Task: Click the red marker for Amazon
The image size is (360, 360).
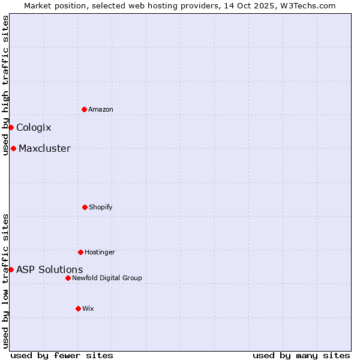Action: (84, 109)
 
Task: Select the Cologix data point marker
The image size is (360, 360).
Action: (11, 127)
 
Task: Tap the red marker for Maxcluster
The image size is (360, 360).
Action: (13, 148)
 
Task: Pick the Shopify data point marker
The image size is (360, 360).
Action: (85, 207)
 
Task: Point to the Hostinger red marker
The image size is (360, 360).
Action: (80, 252)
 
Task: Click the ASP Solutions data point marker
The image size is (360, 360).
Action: (11, 269)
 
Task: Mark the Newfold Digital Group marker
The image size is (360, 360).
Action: (68, 278)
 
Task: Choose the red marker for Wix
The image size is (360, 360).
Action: (78, 308)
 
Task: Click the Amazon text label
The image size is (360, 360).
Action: (101, 109)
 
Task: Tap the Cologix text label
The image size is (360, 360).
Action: (34, 127)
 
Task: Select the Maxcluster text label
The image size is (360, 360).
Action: (44, 148)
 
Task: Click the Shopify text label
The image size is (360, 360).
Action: (101, 207)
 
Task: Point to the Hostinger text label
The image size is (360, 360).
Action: (100, 252)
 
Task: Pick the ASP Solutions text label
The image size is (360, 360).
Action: (50, 269)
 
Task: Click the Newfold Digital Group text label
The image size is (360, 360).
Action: (107, 278)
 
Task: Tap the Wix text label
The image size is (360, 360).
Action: (88, 308)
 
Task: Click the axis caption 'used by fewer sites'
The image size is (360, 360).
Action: (62, 355)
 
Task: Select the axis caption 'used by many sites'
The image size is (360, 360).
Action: (301, 355)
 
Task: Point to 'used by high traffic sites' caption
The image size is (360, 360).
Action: (5, 85)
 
